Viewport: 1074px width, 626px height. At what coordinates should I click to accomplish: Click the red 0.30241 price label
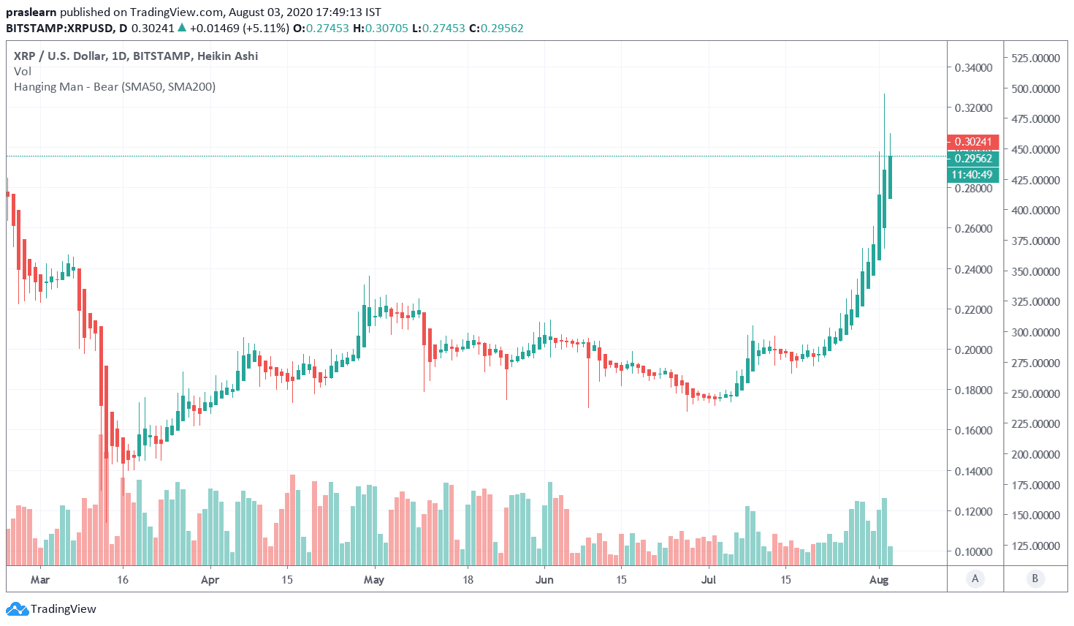coord(972,142)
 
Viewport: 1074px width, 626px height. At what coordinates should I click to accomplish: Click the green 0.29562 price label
coord(972,158)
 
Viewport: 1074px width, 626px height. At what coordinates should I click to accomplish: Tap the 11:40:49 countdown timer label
coord(972,175)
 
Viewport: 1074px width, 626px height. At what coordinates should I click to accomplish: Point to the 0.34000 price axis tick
coord(973,68)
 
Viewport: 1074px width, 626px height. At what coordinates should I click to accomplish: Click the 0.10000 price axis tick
coord(973,552)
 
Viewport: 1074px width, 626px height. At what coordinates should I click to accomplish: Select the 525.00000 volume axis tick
coord(1035,59)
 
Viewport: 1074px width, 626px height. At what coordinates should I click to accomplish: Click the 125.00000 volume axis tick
coord(1035,546)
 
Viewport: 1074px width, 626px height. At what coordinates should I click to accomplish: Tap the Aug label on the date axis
coord(879,580)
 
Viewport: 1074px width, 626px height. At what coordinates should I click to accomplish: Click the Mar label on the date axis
coord(40,580)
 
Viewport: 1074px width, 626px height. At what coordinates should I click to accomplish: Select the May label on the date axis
coord(373,580)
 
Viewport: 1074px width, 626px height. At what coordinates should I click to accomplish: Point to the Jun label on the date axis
coord(544,580)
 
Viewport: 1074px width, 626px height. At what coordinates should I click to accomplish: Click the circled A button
coord(975,579)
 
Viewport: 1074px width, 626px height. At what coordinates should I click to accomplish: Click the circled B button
coord(1035,579)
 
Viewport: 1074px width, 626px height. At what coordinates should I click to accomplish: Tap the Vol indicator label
coord(23,71)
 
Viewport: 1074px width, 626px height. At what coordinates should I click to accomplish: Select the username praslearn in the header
coord(31,12)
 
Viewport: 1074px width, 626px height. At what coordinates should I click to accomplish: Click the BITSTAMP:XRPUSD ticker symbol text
coord(60,29)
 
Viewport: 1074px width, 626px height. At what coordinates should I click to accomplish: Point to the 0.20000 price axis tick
coord(973,350)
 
